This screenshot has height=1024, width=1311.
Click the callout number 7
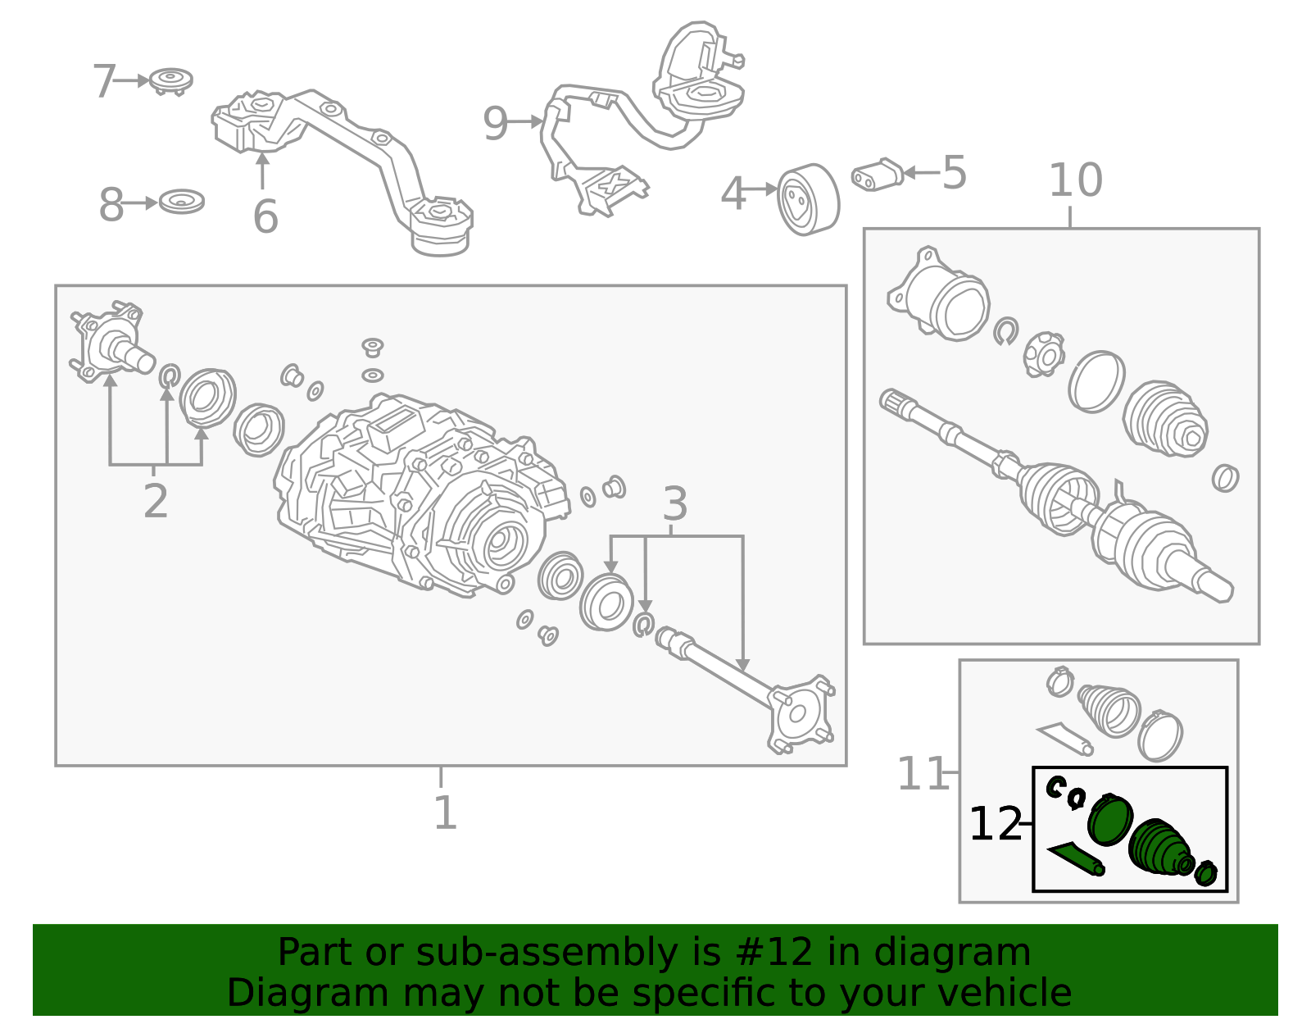pyautogui.click(x=104, y=81)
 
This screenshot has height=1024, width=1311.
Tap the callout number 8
pyautogui.click(x=111, y=205)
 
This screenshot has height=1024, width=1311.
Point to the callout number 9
pyautogui.click(x=496, y=124)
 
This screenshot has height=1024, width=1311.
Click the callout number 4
pyautogui.click(x=733, y=193)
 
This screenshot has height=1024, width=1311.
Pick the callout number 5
pyautogui.click(x=954, y=172)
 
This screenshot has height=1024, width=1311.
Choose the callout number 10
pyautogui.click(x=1076, y=180)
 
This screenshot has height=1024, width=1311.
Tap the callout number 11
pyautogui.click(x=921, y=773)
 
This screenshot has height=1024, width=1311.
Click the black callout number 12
pyautogui.click(x=995, y=824)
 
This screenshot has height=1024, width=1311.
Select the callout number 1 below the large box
pyautogui.click(x=445, y=812)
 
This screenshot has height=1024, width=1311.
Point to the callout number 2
pyautogui.click(x=156, y=500)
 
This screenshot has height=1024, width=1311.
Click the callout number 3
pyautogui.click(x=674, y=503)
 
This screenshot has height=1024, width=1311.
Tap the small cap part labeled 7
pyautogui.click(x=171, y=81)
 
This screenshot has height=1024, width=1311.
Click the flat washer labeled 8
pyautogui.click(x=181, y=202)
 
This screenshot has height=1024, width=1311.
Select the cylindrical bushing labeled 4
pyautogui.click(x=808, y=199)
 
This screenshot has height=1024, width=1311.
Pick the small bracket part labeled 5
pyautogui.click(x=878, y=175)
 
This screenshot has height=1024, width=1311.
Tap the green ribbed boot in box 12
pyautogui.click(x=1160, y=847)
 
